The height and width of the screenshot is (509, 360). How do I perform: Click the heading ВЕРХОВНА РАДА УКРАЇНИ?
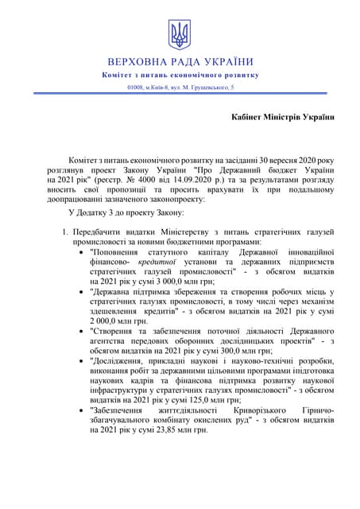(180, 62)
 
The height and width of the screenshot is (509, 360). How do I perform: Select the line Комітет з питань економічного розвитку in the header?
(180, 75)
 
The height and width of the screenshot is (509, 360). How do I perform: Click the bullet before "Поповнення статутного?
(83, 252)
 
